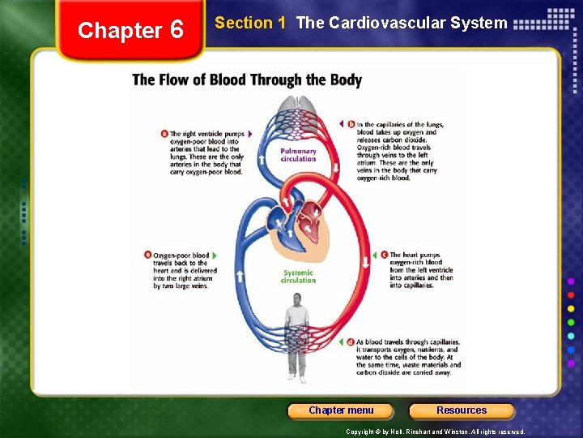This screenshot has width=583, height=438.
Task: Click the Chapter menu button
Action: [x=341, y=410]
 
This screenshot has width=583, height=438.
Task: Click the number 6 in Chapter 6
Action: [x=176, y=31]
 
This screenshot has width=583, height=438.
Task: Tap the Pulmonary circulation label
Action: [x=298, y=155]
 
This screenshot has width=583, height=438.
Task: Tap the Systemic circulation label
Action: [x=298, y=277]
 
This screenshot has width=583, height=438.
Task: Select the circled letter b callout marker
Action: [x=351, y=123]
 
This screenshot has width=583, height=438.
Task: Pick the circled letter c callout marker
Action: [x=384, y=255]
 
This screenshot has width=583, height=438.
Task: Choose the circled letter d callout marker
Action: [x=350, y=341]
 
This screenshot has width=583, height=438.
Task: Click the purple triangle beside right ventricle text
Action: [x=251, y=134]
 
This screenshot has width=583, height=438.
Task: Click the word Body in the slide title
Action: [x=346, y=79]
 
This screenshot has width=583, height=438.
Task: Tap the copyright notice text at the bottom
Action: [x=435, y=432]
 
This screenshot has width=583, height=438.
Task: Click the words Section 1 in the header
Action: [x=250, y=23]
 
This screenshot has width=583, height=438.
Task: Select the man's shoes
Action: [x=297, y=378]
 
